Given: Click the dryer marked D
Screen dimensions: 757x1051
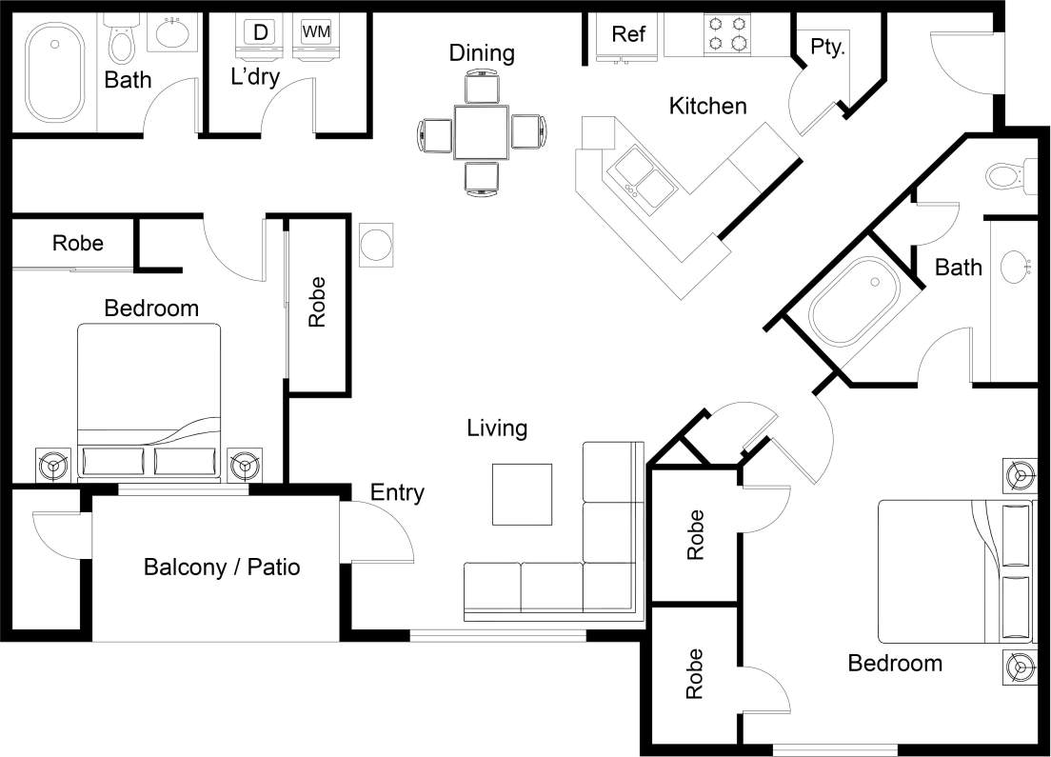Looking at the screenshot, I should click(260, 32).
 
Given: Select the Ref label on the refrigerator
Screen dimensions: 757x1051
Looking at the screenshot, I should click(628, 34).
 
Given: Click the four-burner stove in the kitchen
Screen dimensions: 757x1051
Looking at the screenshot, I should click(724, 33).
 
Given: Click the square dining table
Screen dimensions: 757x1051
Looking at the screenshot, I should click(482, 132).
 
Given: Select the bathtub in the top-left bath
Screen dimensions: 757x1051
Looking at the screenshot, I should click(55, 72).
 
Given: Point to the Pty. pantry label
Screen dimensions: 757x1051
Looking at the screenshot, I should click(827, 48).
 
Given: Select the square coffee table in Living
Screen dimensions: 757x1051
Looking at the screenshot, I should click(522, 493).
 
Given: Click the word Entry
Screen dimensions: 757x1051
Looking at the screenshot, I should click(397, 492).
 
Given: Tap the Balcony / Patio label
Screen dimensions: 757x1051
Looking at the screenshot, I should click(222, 568).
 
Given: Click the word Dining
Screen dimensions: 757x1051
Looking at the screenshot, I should click(482, 53).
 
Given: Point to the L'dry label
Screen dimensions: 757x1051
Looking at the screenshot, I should click(255, 77).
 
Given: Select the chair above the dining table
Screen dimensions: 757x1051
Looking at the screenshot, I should click(482, 89).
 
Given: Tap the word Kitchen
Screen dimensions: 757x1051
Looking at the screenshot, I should click(707, 106).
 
